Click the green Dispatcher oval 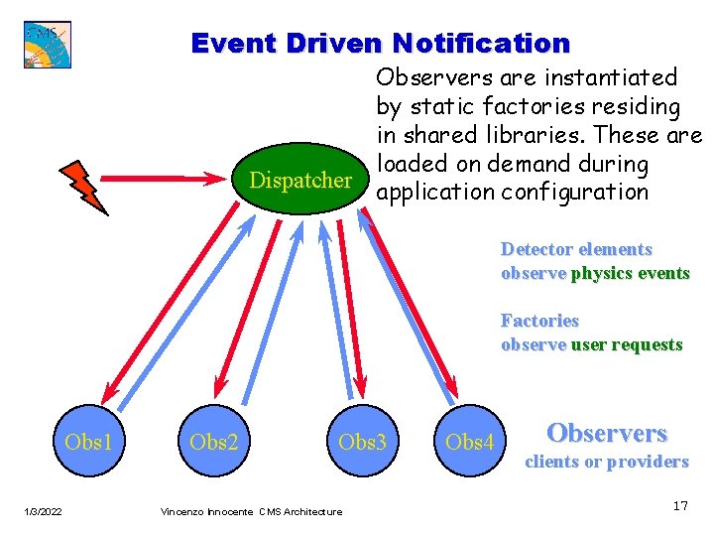[300, 181]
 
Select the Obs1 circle [88, 441]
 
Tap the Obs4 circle [470, 441]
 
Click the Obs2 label [214, 441]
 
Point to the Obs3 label [362, 441]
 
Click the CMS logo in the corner [47, 45]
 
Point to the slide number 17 [680, 506]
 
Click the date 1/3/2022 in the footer [44, 511]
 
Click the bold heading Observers [607, 433]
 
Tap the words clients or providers [606, 462]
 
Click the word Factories [539, 321]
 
